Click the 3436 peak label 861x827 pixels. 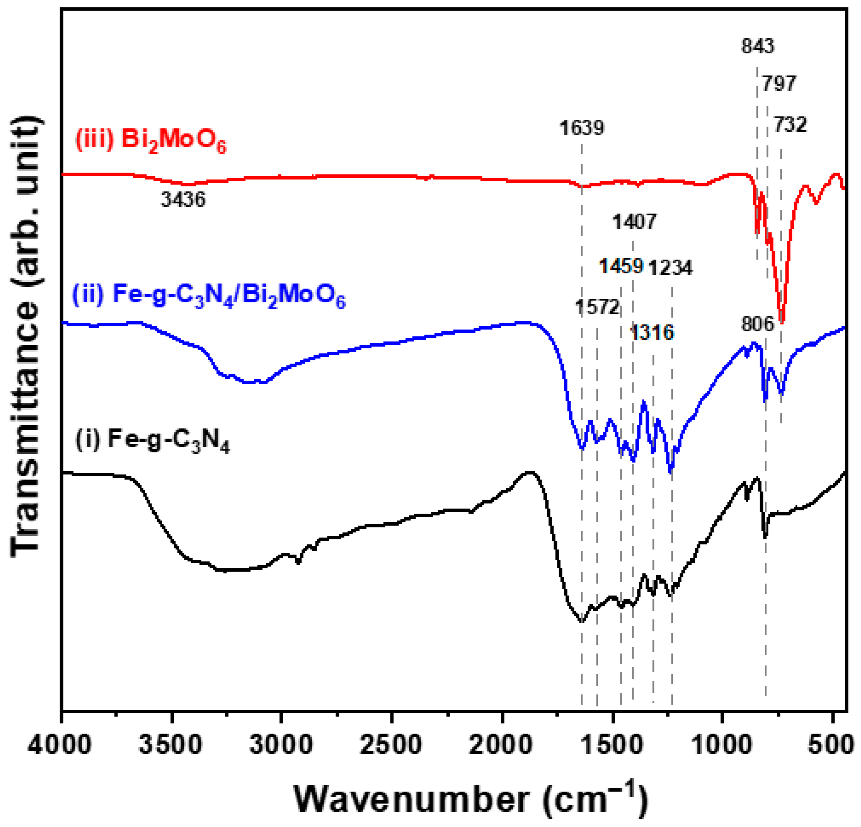183,200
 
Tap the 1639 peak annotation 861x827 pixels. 582,128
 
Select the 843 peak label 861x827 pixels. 758,46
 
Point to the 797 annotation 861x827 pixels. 779,84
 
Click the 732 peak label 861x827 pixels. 790,125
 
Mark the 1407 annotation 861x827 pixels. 634,222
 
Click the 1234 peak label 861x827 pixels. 670,268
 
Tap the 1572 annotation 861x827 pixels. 597,307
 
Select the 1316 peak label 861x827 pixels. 652,333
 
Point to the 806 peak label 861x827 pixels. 758,324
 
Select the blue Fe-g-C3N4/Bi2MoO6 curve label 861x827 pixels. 209,296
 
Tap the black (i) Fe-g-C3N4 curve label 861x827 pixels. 153,440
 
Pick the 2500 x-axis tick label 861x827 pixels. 391,746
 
